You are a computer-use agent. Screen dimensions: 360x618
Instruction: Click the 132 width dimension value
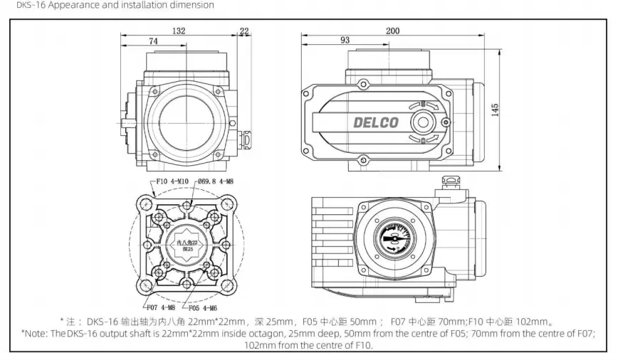coord(179,31)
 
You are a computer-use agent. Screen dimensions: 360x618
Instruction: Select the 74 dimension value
coord(153,42)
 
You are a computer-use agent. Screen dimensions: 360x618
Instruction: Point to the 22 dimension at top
coord(245,31)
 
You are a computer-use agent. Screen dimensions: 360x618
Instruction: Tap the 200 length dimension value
coord(392,31)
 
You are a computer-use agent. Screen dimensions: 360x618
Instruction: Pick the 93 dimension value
coord(345,41)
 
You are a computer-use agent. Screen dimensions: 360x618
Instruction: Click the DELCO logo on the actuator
coord(376,122)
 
